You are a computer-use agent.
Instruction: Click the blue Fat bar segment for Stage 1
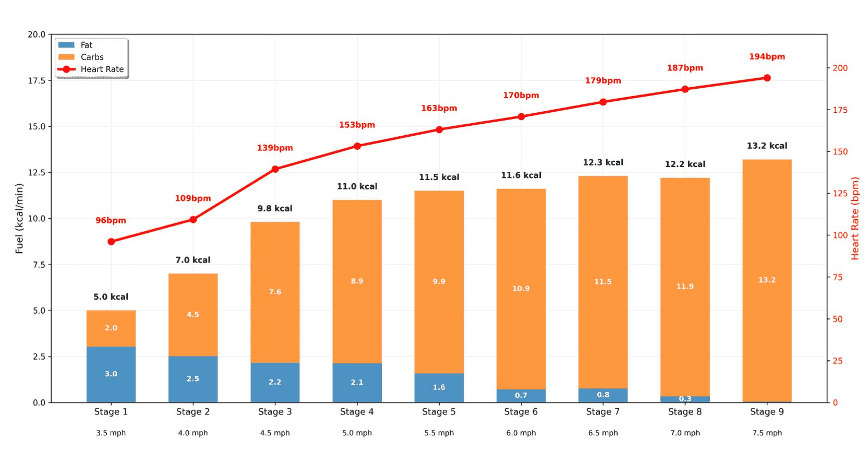pyautogui.click(x=111, y=374)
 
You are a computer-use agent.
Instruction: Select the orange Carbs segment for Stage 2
pyautogui.click(x=192, y=315)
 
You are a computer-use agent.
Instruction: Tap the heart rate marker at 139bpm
pyautogui.click(x=275, y=169)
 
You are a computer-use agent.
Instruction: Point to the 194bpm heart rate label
pyautogui.click(x=766, y=56)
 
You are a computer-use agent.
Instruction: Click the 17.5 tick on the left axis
pyautogui.click(x=37, y=80)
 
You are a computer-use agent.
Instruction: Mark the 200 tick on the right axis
pyautogui.click(x=840, y=68)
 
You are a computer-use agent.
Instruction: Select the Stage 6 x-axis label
pyautogui.click(x=521, y=411)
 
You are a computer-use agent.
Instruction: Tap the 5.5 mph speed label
pyautogui.click(x=439, y=433)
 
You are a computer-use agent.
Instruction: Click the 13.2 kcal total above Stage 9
pyautogui.click(x=766, y=146)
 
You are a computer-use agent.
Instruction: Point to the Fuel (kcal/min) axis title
pyautogui.click(x=19, y=218)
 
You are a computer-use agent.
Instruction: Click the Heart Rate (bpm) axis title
pyautogui.click(x=854, y=218)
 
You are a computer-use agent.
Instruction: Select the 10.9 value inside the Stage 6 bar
pyautogui.click(x=521, y=289)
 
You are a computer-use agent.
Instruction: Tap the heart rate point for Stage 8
pyautogui.click(x=684, y=89)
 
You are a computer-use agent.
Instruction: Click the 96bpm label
pyautogui.click(x=111, y=220)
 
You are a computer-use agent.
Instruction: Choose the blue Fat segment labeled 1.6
pyautogui.click(x=439, y=387)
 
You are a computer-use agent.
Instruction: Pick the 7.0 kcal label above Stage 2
pyautogui.click(x=192, y=260)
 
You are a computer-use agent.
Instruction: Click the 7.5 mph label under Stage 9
pyautogui.click(x=766, y=433)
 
